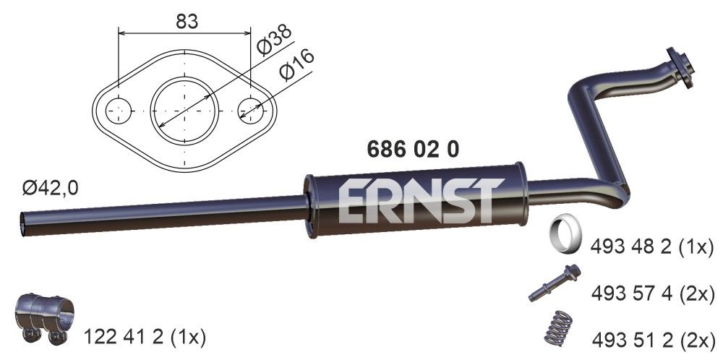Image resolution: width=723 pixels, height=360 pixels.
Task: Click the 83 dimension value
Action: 187,22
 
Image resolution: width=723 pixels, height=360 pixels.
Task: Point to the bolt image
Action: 557,284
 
